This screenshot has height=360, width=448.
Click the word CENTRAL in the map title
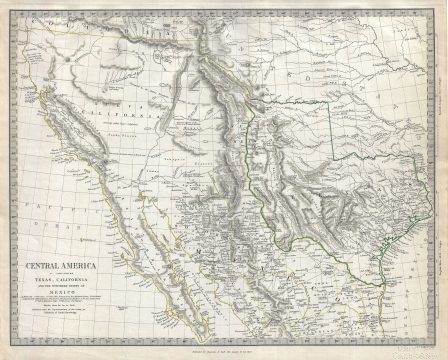(41, 266)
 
